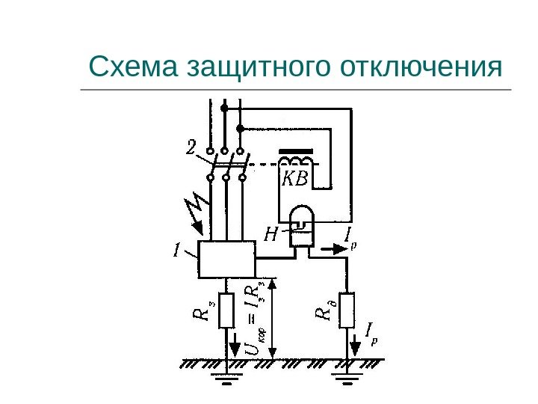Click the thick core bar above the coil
(x=296, y=149)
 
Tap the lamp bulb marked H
(x=303, y=222)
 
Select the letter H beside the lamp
(x=271, y=236)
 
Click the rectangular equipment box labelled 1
(x=226, y=260)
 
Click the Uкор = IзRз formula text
(x=254, y=318)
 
